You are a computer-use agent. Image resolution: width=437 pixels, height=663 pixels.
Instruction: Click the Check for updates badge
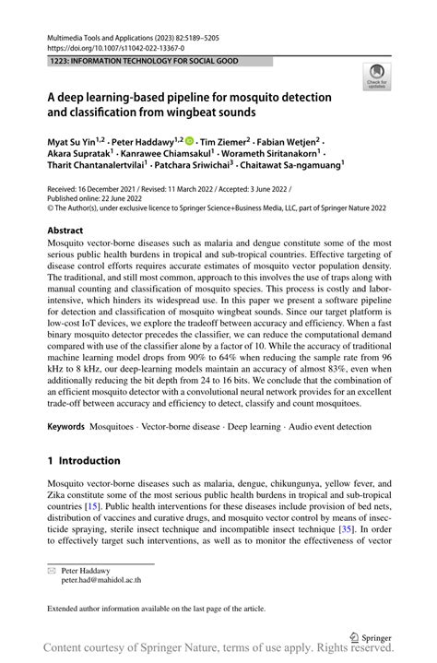(376, 77)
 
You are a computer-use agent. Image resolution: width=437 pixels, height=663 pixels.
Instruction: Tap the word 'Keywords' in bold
(65, 428)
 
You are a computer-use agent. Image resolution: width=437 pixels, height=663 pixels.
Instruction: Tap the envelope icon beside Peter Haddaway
(52, 572)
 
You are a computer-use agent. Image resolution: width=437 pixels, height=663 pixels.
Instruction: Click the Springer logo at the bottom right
(372, 637)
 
